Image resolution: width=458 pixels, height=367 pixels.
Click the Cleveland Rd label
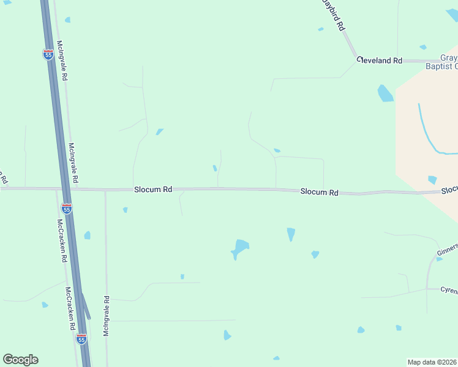[x=380, y=61]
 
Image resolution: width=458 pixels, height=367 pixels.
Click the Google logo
[x=20, y=360]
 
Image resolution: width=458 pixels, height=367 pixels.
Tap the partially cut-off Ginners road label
[x=447, y=250]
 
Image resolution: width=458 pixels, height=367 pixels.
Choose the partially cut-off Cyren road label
[x=449, y=290]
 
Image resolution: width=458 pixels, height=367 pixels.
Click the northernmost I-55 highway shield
[x=48, y=54]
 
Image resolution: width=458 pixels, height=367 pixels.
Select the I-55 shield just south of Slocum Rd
[x=67, y=208]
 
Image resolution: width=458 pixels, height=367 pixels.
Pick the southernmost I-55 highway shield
[x=81, y=338]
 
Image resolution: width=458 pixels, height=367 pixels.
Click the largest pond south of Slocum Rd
[x=240, y=247]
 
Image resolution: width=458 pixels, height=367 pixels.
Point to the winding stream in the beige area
[x=429, y=135]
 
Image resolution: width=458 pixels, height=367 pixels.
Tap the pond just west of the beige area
[x=385, y=93]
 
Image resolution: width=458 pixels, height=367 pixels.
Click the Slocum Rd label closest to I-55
[x=153, y=190]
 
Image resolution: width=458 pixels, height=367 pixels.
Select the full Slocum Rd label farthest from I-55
[x=319, y=192]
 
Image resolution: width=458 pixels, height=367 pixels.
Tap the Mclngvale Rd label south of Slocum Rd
[x=107, y=316]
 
